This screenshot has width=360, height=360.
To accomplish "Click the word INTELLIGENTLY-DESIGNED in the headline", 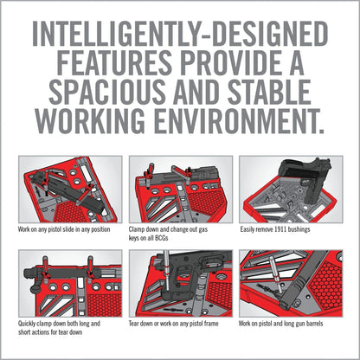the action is (180, 34).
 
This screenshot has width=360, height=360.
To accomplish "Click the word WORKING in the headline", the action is (91, 121).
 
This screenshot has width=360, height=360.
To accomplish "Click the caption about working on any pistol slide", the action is (64, 230).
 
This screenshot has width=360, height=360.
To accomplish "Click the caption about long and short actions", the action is (59, 328).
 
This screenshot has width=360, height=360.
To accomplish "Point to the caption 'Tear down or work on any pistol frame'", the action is (173, 324).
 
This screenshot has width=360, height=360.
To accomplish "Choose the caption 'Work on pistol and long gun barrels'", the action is (280, 324).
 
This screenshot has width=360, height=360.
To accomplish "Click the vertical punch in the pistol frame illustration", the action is (166, 271).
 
